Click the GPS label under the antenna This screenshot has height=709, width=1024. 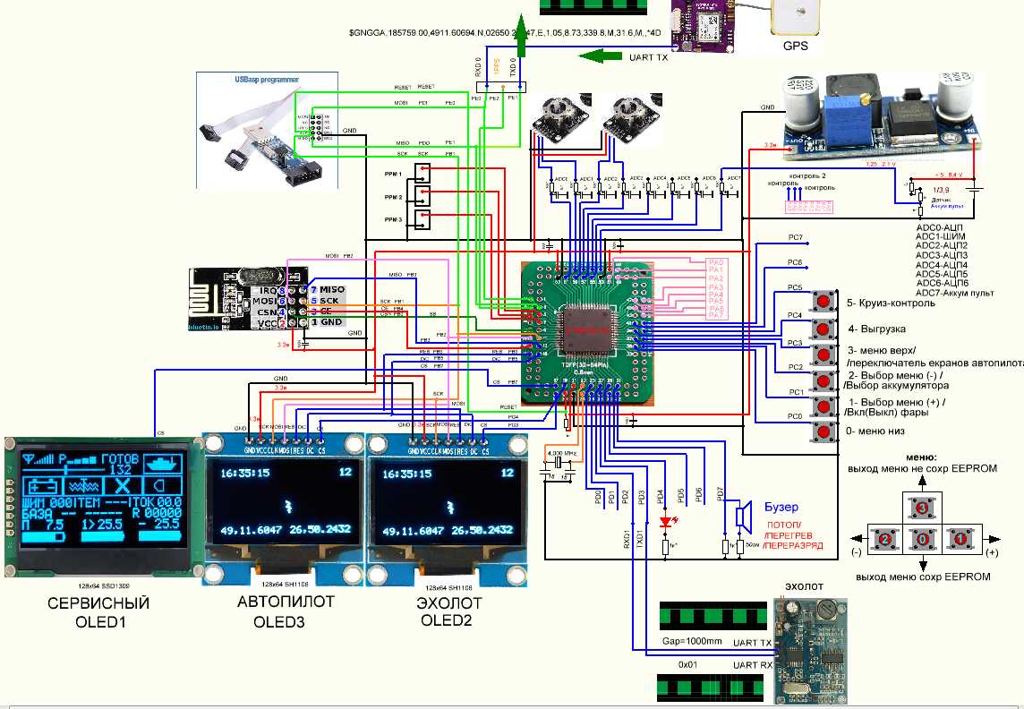click(x=796, y=46)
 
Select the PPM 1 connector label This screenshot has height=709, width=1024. click(x=393, y=174)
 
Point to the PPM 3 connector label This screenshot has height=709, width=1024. click(x=393, y=219)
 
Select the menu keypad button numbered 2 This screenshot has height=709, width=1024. click(x=884, y=539)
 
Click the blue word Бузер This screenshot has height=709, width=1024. click(x=781, y=507)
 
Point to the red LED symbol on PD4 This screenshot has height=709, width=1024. click(x=665, y=522)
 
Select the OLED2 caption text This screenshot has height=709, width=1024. click(x=445, y=619)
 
